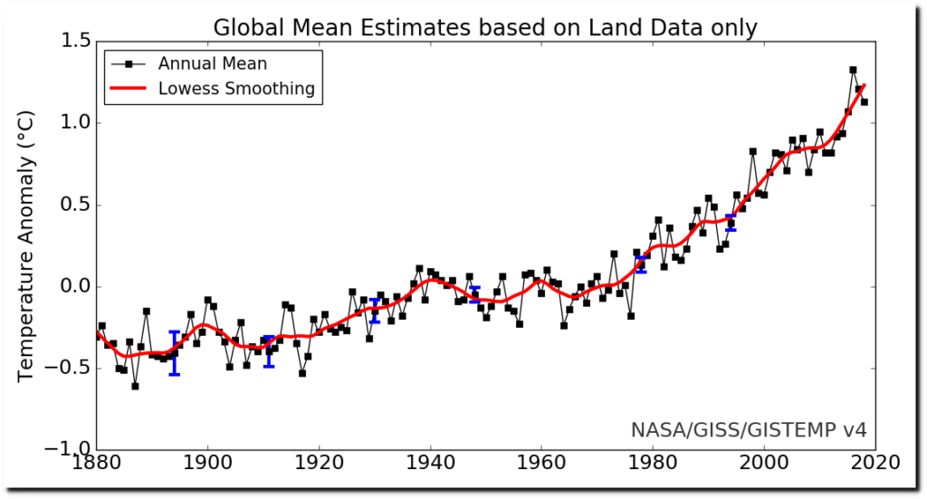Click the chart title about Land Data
tap(484, 28)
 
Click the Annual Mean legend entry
tap(212, 63)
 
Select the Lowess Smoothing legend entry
tap(236, 89)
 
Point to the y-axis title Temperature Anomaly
tap(26, 246)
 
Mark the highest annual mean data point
tap(853, 70)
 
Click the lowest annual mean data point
tap(135, 386)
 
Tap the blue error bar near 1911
tap(268, 351)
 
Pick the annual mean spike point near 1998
tap(752, 151)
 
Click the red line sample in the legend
tap(129, 89)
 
